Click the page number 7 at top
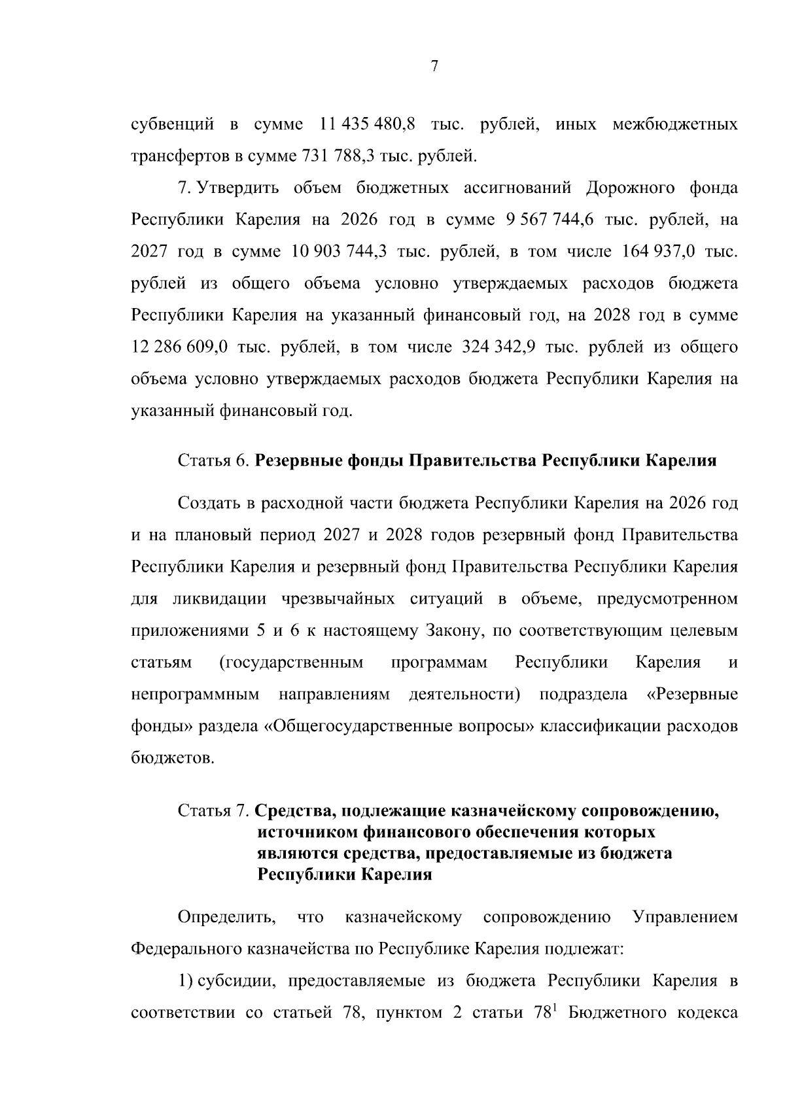[x=434, y=66]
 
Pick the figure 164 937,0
[x=655, y=252]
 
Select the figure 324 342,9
[x=500, y=347]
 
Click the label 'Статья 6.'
[x=213, y=461]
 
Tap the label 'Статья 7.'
[x=213, y=812]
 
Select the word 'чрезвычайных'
[x=338, y=599]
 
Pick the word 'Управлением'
[x=685, y=918]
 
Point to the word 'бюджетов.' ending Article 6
[x=173, y=759]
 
